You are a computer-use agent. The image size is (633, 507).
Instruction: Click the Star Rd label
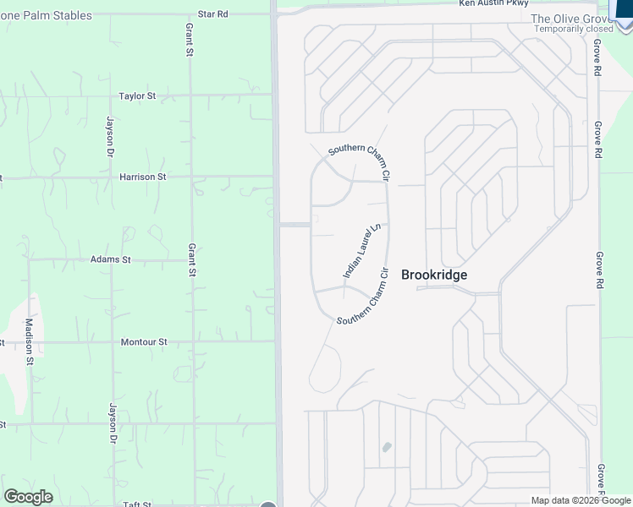(x=213, y=14)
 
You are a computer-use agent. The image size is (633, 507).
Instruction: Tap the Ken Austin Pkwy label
(x=493, y=3)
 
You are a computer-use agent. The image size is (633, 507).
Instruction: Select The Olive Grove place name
(x=569, y=19)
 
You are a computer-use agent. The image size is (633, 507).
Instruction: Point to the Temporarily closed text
(x=573, y=29)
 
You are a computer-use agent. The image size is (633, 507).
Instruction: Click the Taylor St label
(x=137, y=96)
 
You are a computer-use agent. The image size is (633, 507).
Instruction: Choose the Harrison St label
(x=142, y=177)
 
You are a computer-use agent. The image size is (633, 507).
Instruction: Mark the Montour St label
(x=144, y=342)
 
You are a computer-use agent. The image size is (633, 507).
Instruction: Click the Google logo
(x=28, y=497)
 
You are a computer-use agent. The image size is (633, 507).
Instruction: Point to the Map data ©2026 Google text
(x=581, y=500)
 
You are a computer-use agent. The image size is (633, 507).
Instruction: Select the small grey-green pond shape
(x=387, y=447)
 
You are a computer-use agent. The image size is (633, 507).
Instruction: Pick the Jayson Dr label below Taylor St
(x=110, y=136)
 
